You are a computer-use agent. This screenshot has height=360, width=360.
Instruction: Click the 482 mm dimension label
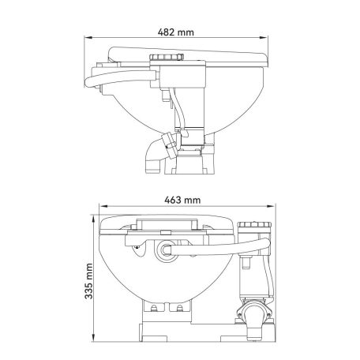point(176,32)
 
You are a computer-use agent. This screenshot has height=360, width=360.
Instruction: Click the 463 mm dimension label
point(182,200)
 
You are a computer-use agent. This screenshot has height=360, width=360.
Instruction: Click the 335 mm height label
point(89,281)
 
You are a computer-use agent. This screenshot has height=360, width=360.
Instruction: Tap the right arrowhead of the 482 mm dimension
point(264,38)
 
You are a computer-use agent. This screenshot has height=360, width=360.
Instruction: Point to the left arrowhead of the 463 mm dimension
point(103,206)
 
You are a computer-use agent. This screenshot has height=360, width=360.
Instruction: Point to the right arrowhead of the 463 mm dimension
point(271,206)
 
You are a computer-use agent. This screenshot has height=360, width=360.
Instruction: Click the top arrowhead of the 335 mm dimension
point(93,219)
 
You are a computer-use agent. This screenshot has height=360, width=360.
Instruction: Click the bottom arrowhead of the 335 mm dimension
point(93,338)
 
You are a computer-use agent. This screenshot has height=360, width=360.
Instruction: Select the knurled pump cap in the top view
point(167,57)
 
